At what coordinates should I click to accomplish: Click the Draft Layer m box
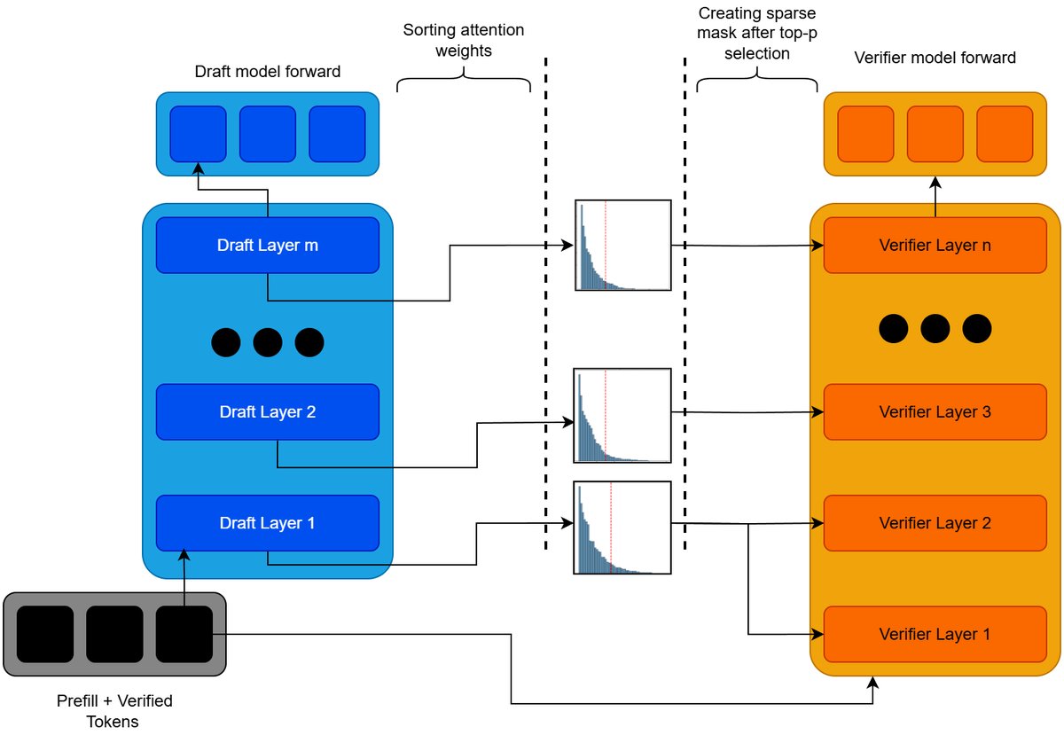[267, 245]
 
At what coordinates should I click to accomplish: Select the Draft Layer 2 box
[267, 411]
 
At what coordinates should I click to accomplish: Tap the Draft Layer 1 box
[267, 523]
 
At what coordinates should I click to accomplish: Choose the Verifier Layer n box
[935, 245]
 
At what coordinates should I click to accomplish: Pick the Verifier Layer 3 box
[935, 411]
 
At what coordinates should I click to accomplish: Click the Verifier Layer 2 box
[935, 523]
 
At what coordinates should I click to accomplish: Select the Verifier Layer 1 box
[935, 634]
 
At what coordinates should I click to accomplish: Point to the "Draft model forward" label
[267, 71]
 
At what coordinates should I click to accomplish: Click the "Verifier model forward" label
[935, 58]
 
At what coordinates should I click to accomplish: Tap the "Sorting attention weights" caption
[464, 41]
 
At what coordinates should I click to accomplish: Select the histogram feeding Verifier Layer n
[622, 246]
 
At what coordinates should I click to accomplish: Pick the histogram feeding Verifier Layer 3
[622, 415]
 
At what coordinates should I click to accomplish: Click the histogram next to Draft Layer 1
[622, 528]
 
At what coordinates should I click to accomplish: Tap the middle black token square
[114, 634]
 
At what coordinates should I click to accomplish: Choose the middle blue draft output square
[267, 134]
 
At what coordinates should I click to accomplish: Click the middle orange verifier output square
[935, 134]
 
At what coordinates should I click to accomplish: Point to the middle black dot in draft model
[267, 342]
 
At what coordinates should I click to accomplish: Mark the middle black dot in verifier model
[935, 329]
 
